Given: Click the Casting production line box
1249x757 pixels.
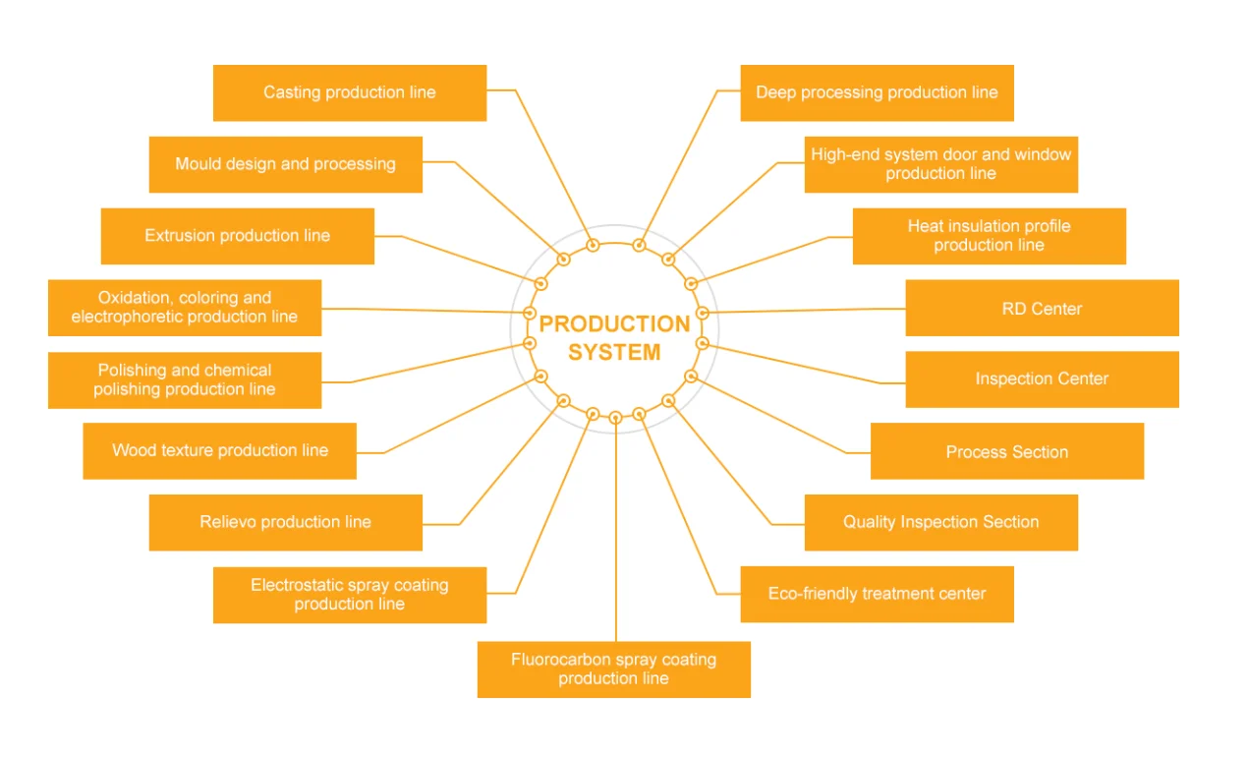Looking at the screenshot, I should pos(349,93).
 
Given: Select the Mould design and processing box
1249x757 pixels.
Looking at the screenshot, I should pos(285,164).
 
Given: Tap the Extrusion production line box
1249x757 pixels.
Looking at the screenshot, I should pos(237,236).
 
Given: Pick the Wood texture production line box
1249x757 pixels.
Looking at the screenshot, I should pos(219,451).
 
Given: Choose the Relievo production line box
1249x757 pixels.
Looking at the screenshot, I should pos(285,522).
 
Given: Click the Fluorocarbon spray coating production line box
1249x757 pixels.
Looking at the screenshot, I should pos(613,670).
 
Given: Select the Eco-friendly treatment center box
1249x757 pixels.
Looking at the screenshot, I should pos(877,594).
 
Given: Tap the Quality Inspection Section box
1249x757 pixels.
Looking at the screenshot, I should pos(940,522).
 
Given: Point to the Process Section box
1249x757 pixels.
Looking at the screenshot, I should pos(1006,452).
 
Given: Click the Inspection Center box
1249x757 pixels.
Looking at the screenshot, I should pos(1042,379).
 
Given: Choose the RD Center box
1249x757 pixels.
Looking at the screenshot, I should pos(1042,309).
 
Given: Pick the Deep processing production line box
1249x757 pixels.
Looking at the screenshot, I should pos(877,93).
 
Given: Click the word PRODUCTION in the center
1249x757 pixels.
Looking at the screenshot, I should pos(614,324).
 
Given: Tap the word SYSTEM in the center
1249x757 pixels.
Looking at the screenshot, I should pos(614,352).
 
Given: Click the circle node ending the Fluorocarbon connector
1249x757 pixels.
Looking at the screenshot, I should pos(615,417).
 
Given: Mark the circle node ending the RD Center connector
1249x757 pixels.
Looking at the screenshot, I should pos(702,314).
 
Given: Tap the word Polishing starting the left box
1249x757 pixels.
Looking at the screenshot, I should pos(132,371).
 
